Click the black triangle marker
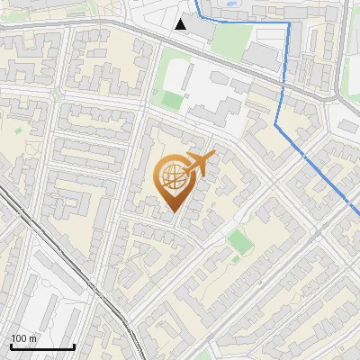[x=182, y=24]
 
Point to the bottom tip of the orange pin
[x=173, y=211]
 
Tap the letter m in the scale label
[x=34, y=338]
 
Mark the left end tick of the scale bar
[x=12, y=346]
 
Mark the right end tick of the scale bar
[x=74, y=346]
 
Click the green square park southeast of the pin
[x=237, y=240]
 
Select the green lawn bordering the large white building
[x=172, y=86]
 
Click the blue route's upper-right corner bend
[x=288, y=25]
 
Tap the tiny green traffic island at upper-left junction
[x=57, y=92]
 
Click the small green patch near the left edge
[x=16, y=130]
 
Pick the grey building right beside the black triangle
[x=202, y=28]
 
